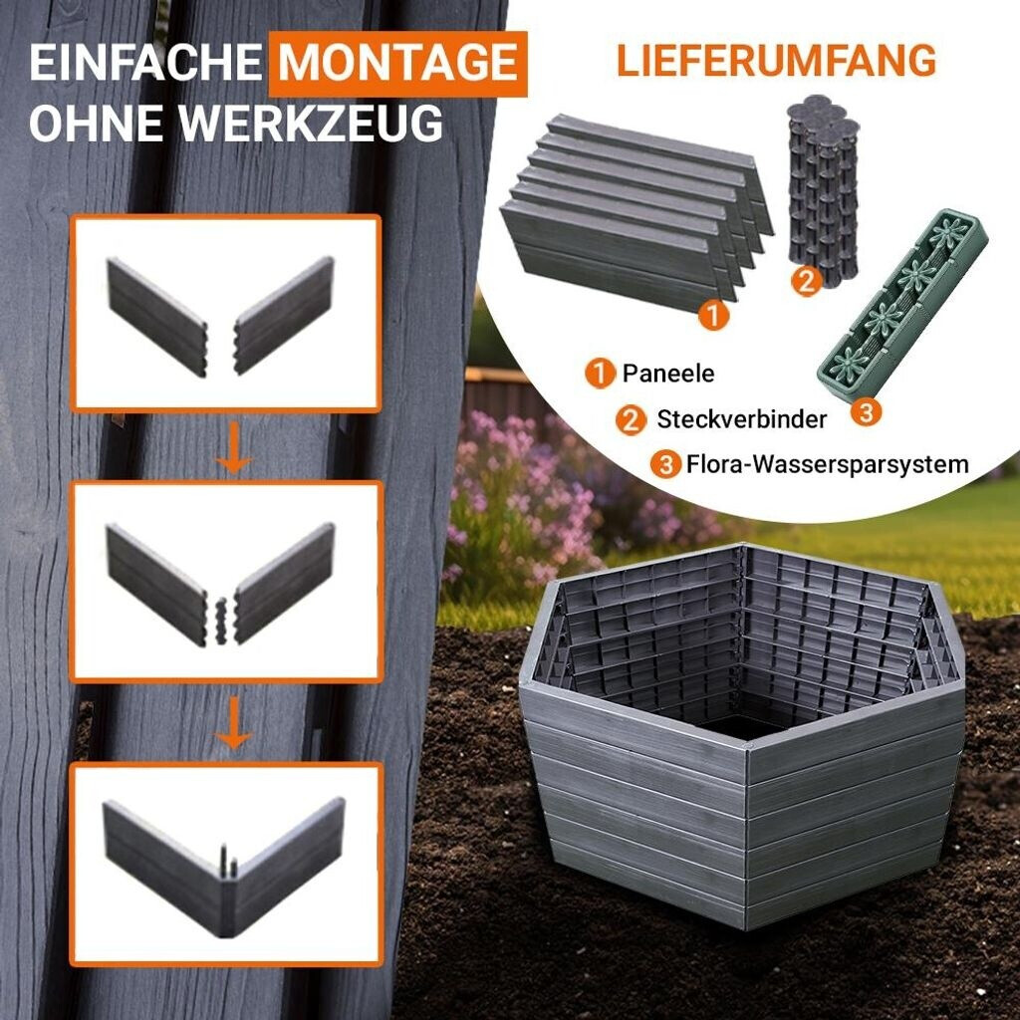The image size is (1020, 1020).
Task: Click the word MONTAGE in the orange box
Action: (x=397, y=63)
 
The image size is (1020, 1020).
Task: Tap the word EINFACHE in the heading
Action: (x=145, y=63)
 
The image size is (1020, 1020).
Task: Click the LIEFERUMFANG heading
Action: (x=776, y=61)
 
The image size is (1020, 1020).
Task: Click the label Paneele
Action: (x=668, y=374)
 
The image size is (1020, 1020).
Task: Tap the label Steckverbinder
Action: (x=741, y=419)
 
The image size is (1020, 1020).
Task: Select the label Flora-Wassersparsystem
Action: (x=828, y=465)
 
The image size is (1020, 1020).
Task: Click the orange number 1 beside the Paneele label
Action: (x=600, y=375)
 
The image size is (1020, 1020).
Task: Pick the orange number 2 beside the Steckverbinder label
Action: (x=631, y=420)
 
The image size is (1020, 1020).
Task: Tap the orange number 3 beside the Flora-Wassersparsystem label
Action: (x=666, y=466)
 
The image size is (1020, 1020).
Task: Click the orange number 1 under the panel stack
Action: (x=713, y=316)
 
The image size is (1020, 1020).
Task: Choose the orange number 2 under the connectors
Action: (x=806, y=282)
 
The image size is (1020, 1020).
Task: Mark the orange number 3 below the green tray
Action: (x=866, y=411)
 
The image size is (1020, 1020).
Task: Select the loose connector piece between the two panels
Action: (x=221, y=621)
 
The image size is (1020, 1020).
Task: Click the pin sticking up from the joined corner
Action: (x=224, y=860)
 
